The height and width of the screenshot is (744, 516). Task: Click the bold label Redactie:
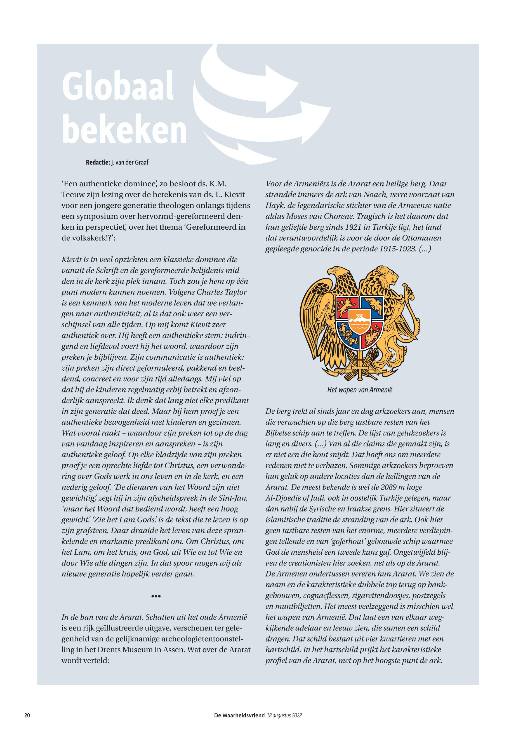[98, 162]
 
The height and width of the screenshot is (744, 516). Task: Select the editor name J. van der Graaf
[130, 162]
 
